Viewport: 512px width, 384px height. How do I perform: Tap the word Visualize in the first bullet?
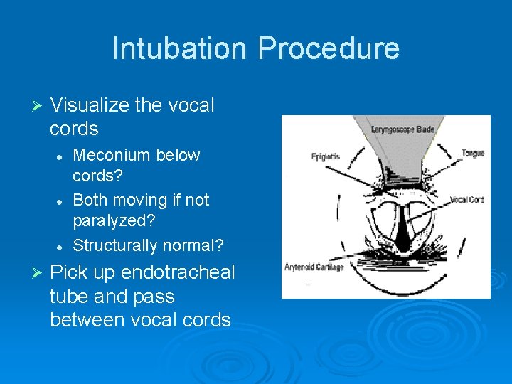(x=90, y=105)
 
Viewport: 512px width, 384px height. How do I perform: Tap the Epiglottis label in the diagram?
(x=324, y=155)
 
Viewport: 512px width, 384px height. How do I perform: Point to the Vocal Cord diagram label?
(x=466, y=200)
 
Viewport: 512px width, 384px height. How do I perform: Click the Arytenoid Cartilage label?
(x=314, y=267)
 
